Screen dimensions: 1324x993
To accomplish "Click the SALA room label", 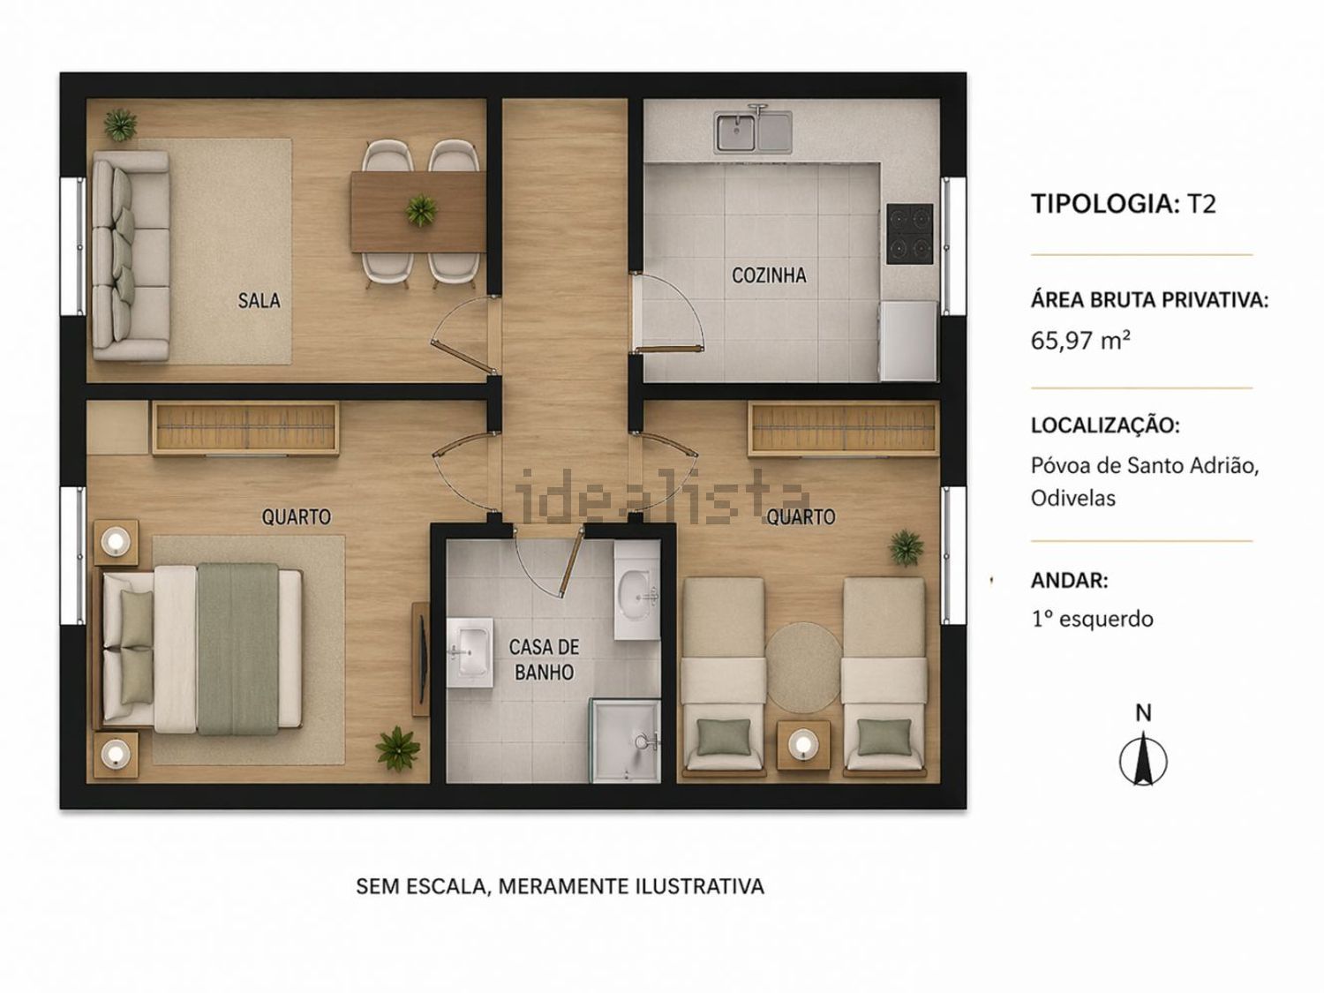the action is (x=259, y=300).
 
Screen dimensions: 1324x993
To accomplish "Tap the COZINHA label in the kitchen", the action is (x=769, y=275).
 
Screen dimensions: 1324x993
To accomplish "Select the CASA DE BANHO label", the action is (x=544, y=659).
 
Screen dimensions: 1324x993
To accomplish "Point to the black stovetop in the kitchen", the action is (x=910, y=234).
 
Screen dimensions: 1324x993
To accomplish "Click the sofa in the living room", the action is (x=131, y=256).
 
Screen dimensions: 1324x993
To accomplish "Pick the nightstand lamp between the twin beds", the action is (x=803, y=743).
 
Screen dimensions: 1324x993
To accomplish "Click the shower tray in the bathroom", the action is (x=625, y=741).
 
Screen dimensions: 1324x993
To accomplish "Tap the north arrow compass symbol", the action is (x=1143, y=761).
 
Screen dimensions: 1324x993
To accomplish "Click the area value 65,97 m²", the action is (x=1080, y=341).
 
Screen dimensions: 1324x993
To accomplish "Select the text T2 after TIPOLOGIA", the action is (x=1201, y=204).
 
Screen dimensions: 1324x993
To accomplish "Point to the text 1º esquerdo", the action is (x=1093, y=620).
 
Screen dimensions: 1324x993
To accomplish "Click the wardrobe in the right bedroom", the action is (x=843, y=429).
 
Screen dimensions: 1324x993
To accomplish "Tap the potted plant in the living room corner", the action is (x=121, y=124).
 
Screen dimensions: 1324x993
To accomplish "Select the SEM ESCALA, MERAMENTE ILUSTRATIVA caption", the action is (x=560, y=886).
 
